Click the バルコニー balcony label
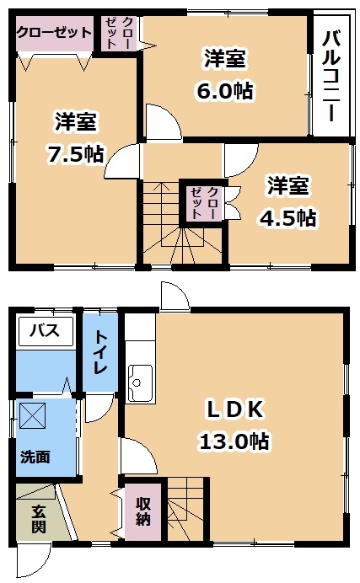(332, 76)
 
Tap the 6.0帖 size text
(225, 91)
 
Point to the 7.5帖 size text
(75, 153)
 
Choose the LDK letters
(235, 409)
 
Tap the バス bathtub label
(45, 330)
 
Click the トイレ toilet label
(100, 351)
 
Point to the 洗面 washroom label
(35, 457)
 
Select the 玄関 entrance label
(38, 519)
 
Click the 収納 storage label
(142, 511)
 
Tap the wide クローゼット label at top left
(54, 32)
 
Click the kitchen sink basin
(140, 382)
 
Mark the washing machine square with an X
(32, 415)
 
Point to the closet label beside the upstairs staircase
(203, 203)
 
